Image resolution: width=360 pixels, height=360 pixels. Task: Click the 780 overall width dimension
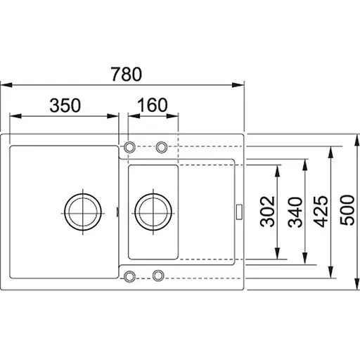(x=127, y=74)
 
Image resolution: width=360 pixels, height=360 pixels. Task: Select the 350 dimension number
(x=65, y=105)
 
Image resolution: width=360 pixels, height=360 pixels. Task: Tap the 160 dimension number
(x=153, y=105)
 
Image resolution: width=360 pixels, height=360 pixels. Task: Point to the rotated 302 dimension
(x=267, y=212)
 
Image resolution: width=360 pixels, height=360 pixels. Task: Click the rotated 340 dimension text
(x=295, y=212)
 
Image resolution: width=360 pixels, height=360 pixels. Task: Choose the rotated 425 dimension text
(x=321, y=212)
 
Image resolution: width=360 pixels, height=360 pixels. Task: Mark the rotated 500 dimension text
(x=347, y=210)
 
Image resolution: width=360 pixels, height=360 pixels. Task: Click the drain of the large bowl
(x=83, y=212)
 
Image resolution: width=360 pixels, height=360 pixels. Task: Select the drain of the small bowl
(x=153, y=212)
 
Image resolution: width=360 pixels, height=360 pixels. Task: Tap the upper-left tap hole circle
(x=129, y=147)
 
